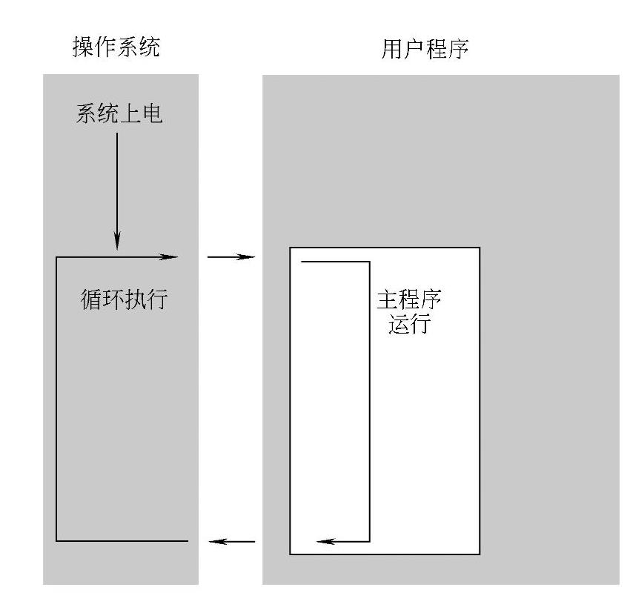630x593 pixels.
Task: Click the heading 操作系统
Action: pos(116,47)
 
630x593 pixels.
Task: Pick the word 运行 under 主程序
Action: pos(409,325)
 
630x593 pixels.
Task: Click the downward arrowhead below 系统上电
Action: pos(117,243)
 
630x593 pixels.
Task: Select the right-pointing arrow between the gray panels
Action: pos(231,257)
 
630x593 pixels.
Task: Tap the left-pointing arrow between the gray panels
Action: pos(231,541)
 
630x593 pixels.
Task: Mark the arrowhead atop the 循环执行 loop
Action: pos(170,257)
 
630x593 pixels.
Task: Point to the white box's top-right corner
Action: pos(480,248)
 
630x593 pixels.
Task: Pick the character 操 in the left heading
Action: pos(83,47)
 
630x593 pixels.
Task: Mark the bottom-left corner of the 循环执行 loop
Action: pos(56,541)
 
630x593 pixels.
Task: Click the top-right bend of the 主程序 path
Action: pos(368,262)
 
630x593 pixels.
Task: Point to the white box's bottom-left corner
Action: pos(290,554)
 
